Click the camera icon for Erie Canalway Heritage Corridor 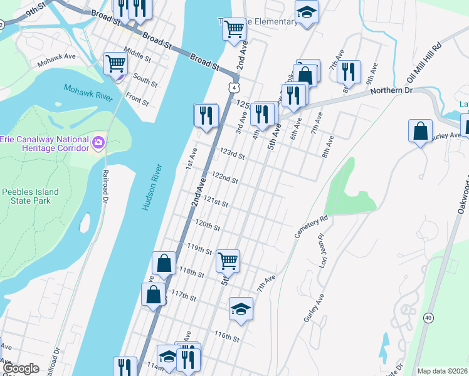[98, 143]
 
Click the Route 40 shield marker [428, 318]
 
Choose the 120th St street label [208, 224]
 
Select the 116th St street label [227, 338]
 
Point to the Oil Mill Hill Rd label [424, 63]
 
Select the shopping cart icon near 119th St [228, 260]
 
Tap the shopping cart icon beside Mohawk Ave [116, 63]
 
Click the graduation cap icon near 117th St [241, 308]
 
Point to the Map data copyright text [442, 371]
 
